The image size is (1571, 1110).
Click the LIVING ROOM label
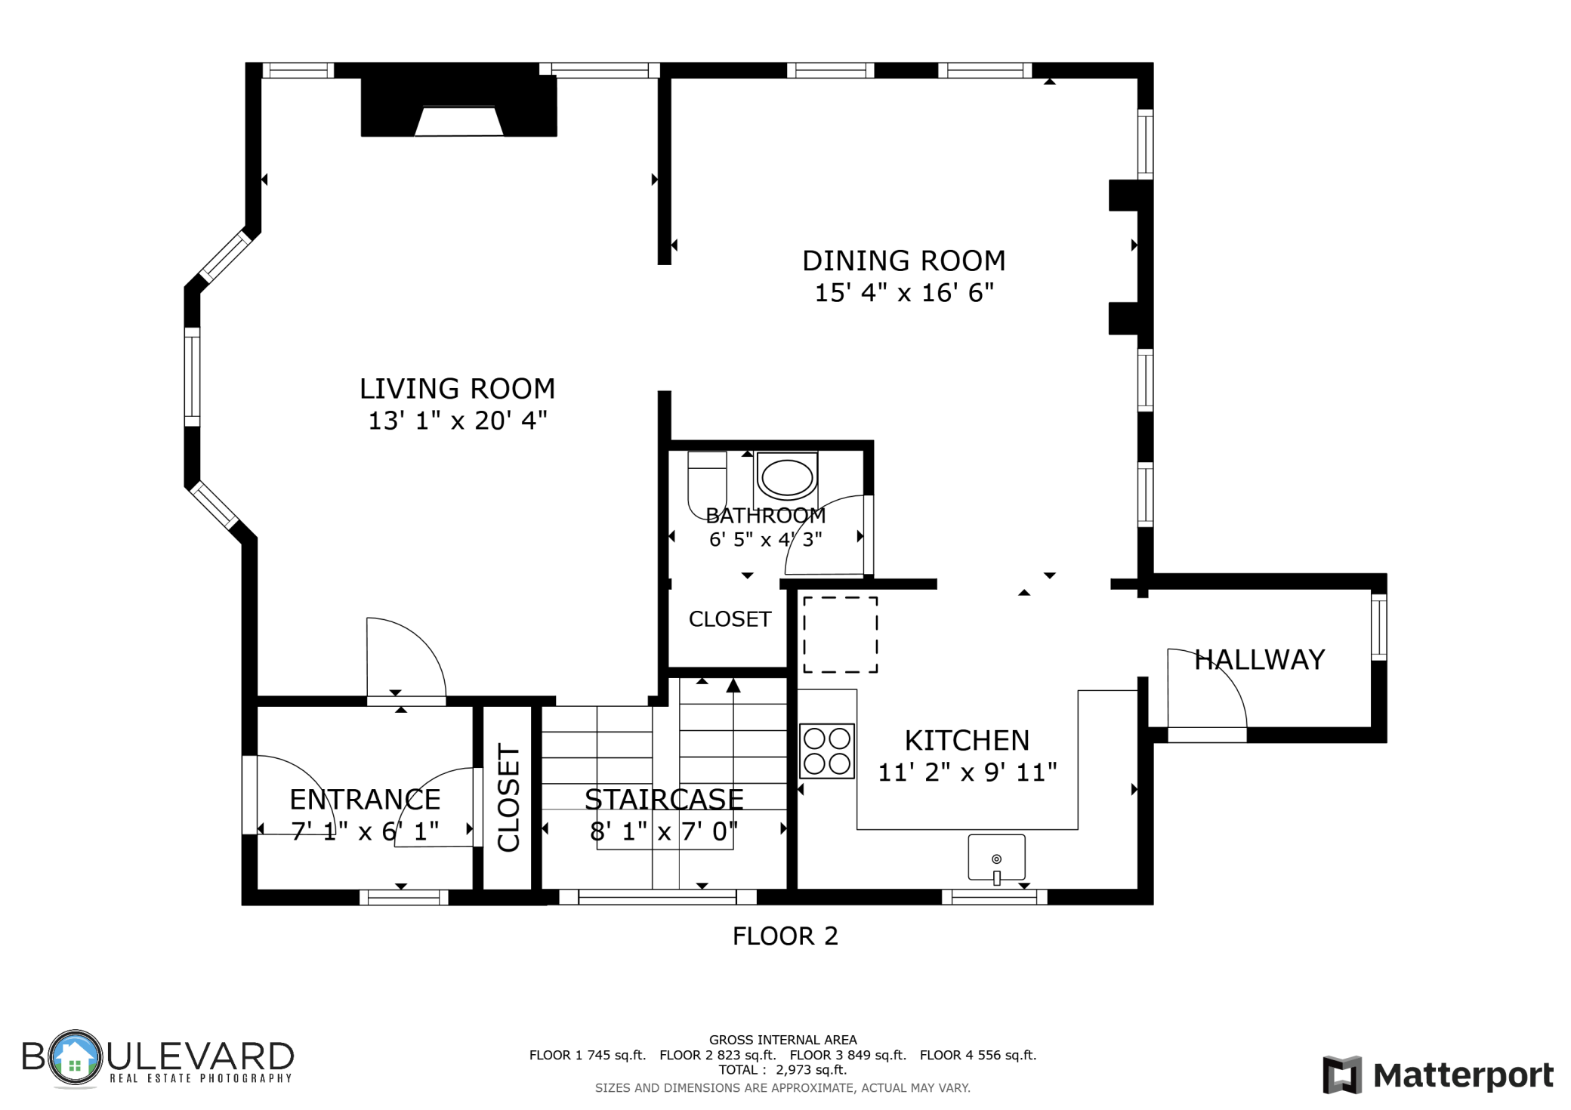click(457, 389)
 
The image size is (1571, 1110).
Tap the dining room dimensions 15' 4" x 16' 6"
click(904, 293)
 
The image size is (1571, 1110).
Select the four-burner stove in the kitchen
click(827, 751)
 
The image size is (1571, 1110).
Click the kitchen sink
click(997, 858)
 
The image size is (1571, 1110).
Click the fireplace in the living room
click(459, 107)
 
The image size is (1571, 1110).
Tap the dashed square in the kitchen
click(840, 634)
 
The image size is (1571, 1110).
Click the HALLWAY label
click(1259, 660)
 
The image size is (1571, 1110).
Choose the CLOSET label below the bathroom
click(730, 619)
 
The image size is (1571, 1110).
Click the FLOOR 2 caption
click(785, 936)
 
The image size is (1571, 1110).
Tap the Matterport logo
click(1438, 1075)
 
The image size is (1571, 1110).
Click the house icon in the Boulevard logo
click(74, 1057)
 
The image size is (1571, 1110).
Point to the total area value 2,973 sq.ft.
click(811, 1069)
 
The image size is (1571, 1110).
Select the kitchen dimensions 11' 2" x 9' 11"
click(967, 772)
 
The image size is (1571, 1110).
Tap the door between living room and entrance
click(406, 701)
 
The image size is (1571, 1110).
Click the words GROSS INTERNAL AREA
click(782, 1041)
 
